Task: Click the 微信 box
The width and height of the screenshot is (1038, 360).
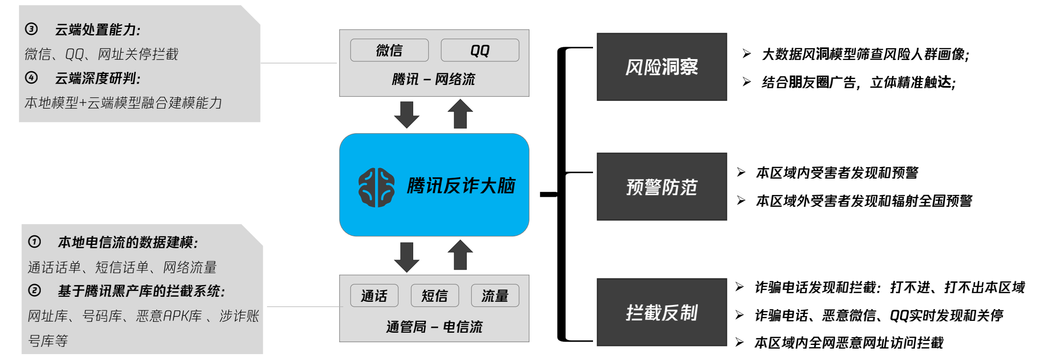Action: (x=389, y=50)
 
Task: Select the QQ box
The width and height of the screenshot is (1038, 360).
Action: (x=479, y=50)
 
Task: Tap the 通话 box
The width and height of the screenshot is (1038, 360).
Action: (x=374, y=296)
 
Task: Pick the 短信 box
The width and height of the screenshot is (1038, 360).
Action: (x=435, y=296)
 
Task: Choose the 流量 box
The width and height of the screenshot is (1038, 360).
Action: (x=495, y=296)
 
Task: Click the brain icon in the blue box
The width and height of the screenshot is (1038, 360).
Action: (x=376, y=187)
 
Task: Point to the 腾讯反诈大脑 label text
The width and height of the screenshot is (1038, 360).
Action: (x=461, y=186)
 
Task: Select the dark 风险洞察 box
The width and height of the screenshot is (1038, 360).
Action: (x=662, y=67)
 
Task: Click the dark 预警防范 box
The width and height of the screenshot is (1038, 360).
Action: (x=662, y=187)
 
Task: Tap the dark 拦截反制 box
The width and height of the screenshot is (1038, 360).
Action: (x=662, y=313)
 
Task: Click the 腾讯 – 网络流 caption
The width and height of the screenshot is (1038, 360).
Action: (x=433, y=80)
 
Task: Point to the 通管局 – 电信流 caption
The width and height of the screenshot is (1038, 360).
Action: (x=434, y=327)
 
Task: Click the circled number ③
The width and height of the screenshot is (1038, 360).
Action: (x=31, y=29)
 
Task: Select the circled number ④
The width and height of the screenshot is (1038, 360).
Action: (x=31, y=78)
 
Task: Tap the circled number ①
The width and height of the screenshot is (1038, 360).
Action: (x=35, y=241)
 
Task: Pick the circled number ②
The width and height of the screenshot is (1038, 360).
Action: (x=35, y=290)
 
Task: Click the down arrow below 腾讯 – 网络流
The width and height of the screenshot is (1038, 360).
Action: (x=406, y=114)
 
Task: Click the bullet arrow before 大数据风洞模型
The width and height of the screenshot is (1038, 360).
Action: (x=746, y=54)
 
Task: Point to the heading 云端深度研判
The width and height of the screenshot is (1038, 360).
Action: (x=98, y=79)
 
